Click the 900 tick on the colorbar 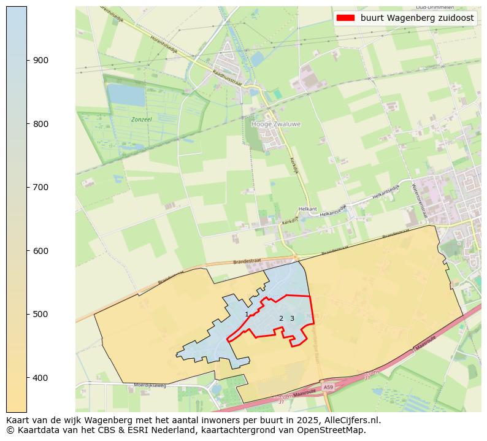point(27,60)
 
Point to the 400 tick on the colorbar point(27,377)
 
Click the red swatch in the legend point(345,18)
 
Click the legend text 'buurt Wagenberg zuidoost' point(416,18)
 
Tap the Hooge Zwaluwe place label point(276,124)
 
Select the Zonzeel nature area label point(141,119)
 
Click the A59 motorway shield point(328,388)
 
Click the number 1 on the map point(247,315)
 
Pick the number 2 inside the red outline point(281,318)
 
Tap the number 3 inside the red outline point(292,318)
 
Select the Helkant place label point(307,209)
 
